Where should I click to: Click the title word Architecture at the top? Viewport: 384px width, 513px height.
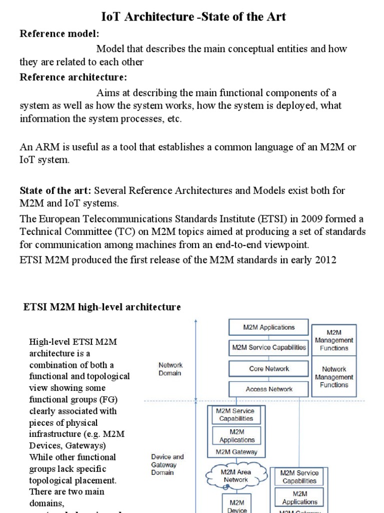(x=165, y=17)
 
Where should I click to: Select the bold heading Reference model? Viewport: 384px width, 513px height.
(x=59, y=34)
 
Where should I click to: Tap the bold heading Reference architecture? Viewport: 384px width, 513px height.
(x=73, y=77)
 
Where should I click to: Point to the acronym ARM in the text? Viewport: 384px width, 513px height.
(x=45, y=147)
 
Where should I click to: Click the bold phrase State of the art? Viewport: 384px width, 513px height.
(x=55, y=191)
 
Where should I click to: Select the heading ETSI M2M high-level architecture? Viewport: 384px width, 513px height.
(x=102, y=307)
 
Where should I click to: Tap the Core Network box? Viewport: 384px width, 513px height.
(x=269, y=369)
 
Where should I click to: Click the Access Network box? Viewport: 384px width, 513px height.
(x=269, y=389)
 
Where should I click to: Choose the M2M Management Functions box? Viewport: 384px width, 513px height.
(x=334, y=340)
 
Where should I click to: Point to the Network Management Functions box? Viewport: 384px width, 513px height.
(x=334, y=377)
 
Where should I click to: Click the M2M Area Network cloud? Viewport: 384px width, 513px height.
(x=236, y=475)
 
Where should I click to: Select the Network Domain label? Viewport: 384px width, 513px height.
(x=170, y=369)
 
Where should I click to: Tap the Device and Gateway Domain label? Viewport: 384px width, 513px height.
(x=167, y=465)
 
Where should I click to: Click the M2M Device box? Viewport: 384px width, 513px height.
(x=236, y=505)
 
